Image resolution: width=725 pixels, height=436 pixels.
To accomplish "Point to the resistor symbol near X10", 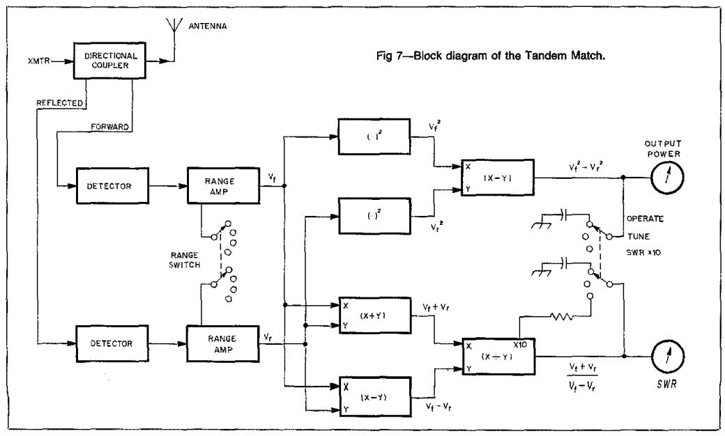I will click(562, 317).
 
